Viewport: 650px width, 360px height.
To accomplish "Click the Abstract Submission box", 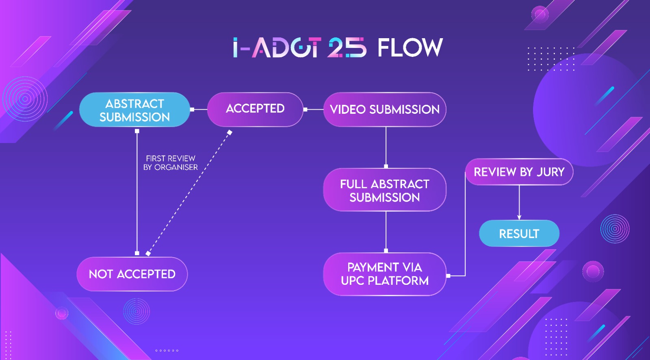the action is (134, 109).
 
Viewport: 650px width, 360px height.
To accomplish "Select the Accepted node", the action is (255, 109).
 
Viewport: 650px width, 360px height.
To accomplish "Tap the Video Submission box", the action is (384, 109).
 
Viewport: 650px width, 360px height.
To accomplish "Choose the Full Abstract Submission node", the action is (384, 190).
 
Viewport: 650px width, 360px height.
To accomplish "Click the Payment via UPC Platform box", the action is (384, 274).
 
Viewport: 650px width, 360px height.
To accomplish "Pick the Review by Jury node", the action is (519, 172).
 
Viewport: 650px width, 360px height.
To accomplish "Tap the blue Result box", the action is (519, 233).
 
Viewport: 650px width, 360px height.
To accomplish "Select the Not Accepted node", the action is (132, 274).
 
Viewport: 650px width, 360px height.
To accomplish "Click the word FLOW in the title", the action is (410, 48).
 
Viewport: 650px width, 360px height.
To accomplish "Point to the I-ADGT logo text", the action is (277, 47).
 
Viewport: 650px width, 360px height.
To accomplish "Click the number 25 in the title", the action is (347, 47).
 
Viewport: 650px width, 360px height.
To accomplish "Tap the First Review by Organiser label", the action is (171, 163).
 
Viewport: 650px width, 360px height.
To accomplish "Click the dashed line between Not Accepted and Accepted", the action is (188, 193).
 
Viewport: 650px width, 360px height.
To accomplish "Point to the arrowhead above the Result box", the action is (519, 217).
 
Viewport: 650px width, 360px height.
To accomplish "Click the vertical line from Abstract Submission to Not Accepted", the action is (137, 192).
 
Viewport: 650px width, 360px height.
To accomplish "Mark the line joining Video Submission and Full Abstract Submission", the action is (386, 147).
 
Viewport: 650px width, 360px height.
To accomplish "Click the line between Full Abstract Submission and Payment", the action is (386, 232).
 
